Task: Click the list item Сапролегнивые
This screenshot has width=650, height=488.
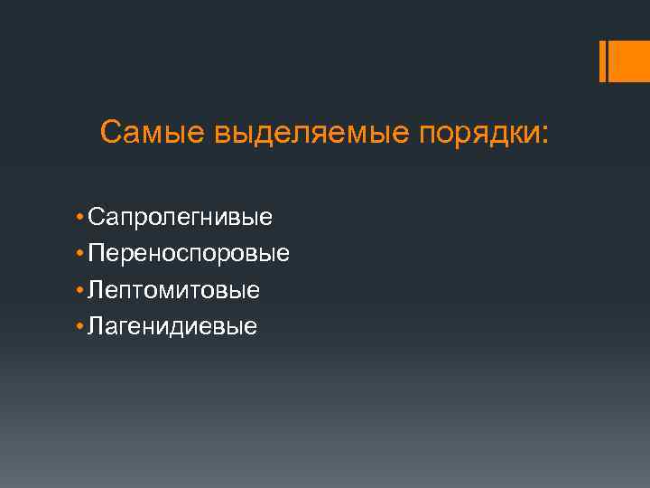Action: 181,218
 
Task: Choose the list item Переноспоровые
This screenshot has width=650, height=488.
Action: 189,254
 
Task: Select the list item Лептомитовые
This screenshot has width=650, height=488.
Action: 173,290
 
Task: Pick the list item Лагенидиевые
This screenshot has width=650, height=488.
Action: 172,326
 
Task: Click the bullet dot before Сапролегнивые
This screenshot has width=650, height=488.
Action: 80,218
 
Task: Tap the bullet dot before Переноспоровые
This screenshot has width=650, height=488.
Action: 80,254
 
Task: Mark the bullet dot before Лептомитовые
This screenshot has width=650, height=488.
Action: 80,290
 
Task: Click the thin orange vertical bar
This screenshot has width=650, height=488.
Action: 602,61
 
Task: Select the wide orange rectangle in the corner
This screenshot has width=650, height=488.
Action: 629,61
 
